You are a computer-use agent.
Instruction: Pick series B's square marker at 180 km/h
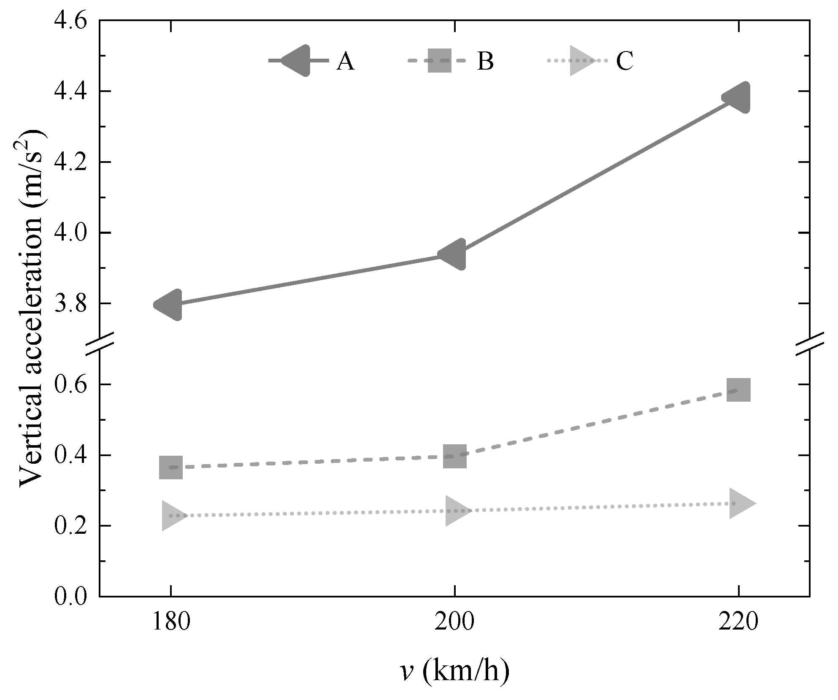(x=170, y=468)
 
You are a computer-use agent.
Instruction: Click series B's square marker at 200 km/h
(x=454, y=456)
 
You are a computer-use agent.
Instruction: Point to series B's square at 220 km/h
(x=738, y=390)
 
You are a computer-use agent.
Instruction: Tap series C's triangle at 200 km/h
(x=456, y=511)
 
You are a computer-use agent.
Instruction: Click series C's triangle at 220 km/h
(x=740, y=504)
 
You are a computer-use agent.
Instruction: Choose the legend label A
(x=345, y=62)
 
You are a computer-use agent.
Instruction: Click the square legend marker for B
(x=439, y=61)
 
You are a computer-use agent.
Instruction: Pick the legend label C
(x=624, y=62)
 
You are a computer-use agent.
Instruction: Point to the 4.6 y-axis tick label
(x=70, y=21)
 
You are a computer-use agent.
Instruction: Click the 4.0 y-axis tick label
(x=70, y=233)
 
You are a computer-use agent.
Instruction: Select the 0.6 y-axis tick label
(x=70, y=385)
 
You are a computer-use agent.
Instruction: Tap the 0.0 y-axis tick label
(x=70, y=597)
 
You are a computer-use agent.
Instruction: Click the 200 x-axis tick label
(x=454, y=623)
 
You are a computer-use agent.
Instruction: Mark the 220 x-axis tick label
(x=738, y=623)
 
